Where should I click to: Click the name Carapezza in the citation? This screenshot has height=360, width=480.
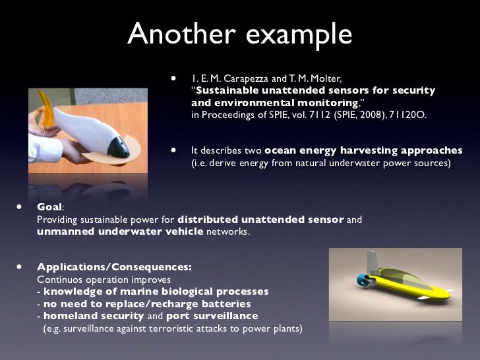(x=245, y=78)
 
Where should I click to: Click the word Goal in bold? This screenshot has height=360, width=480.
(x=49, y=206)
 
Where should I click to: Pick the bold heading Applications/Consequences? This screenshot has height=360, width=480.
(x=115, y=268)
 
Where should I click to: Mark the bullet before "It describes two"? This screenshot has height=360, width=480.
(x=175, y=150)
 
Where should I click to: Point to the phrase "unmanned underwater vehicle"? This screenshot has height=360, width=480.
(x=120, y=231)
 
